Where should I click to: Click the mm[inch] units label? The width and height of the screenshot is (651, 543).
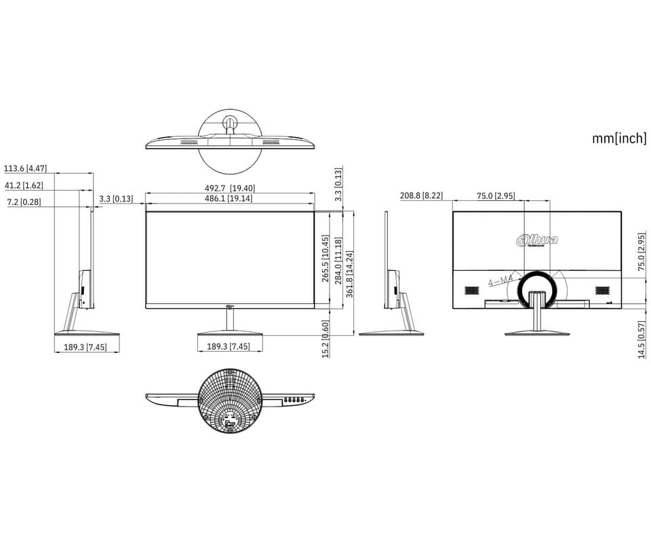point(619,138)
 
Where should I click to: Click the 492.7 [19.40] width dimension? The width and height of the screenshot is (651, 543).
point(231,188)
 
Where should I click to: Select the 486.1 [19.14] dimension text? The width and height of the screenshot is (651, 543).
point(230,198)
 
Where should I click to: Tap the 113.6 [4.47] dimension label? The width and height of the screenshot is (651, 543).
point(25,168)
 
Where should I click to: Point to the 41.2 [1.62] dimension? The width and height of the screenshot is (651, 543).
point(24,185)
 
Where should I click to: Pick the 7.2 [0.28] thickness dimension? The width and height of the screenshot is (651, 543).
point(24,202)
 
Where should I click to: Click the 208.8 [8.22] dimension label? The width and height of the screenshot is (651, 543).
point(421,195)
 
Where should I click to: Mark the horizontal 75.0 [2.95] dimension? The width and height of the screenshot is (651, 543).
point(496,195)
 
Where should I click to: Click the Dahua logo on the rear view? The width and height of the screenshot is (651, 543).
point(537,239)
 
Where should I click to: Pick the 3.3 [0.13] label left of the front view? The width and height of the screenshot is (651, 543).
point(116,199)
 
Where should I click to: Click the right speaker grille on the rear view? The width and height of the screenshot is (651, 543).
point(601,290)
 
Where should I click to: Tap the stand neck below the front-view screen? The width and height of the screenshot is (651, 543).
point(230,320)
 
